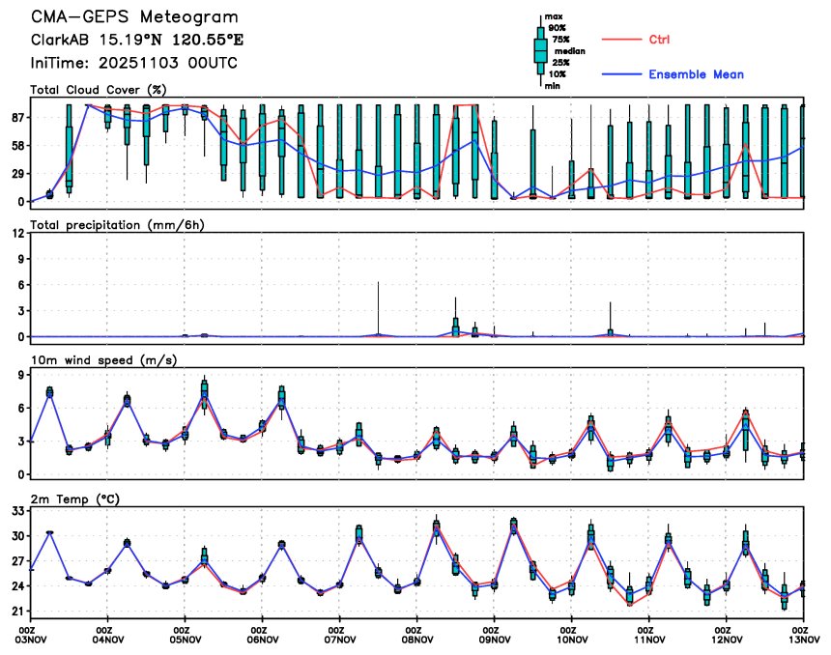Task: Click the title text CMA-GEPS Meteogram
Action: (134, 18)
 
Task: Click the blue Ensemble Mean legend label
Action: (696, 74)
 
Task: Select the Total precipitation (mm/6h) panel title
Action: (118, 225)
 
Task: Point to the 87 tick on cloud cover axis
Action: (17, 117)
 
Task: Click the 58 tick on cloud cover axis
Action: (17, 145)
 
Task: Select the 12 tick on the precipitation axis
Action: (17, 234)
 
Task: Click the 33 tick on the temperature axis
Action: (17, 511)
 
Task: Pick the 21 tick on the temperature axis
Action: (17, 612)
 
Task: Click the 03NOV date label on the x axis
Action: (31, 638)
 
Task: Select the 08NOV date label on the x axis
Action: (416, 638)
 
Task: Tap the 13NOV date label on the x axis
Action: (803, 638)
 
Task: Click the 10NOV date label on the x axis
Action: (571, 638)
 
